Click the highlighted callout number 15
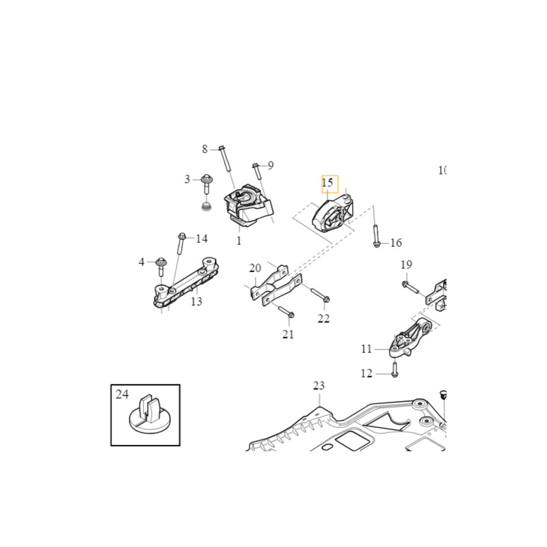(x=328, y=183)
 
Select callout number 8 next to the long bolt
(x=204, y=149)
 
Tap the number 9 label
(x=271, y=165)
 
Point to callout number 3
(x=187, y=179)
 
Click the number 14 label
(x=202, y=239)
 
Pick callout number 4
(x=142, y=262)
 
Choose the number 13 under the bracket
(x=197, y=302)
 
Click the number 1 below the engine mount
(x=239, y=241)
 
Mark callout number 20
(x=255, y=269)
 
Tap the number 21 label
(x=288, y=334)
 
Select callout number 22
(x=323, y=319)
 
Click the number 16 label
(x=396, y=243)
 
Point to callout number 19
(x=406, y=265)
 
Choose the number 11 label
(x=366, y=349)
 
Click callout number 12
(x=366, y=373)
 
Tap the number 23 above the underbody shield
(x=319, y=386)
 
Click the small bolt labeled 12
(x=395, y=370)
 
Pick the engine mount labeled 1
(x=248, y=205)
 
